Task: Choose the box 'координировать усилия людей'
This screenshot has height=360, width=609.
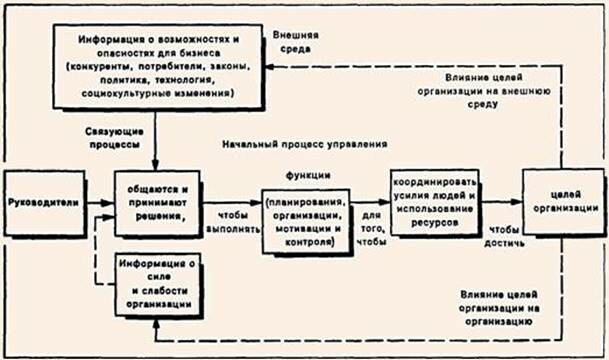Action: pos(436,200)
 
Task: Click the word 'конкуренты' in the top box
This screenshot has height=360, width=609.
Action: pos(99,65)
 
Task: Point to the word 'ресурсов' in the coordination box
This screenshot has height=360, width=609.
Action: pos(436,219)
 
